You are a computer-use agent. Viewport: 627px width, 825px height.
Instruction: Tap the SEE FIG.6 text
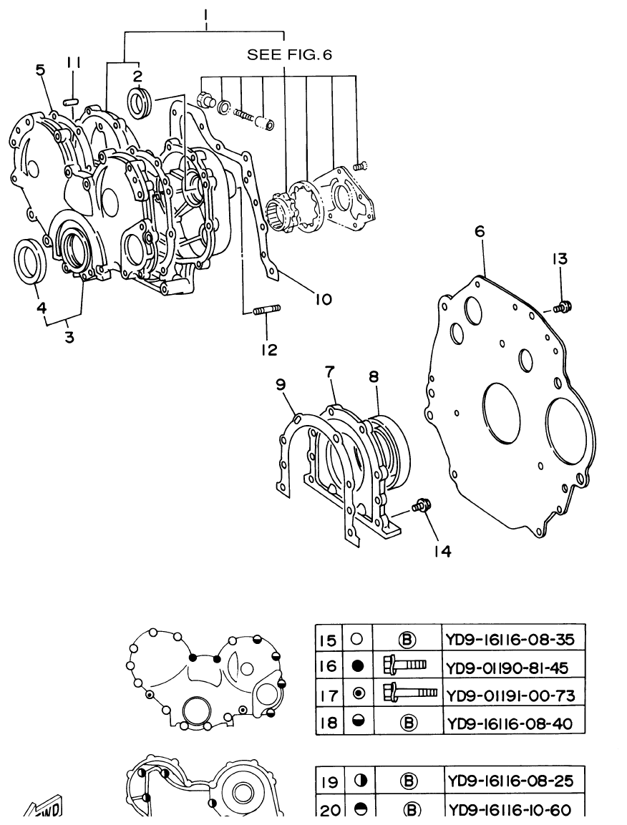[x=290, y=54]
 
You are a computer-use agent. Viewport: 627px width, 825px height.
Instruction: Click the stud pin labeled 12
[x=267, y=310]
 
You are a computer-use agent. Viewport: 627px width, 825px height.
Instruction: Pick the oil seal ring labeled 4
[x=32, y=261]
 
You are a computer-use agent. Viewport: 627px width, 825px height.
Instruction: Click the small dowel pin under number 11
[x=70, y=101]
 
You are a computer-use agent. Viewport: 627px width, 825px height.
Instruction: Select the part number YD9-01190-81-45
[x=506, y=668]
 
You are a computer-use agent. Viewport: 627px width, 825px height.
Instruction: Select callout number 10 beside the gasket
[x=322, y=299]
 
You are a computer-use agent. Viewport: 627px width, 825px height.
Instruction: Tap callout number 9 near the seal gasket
[x=281, y=385]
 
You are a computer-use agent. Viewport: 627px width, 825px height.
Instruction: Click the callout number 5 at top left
[x=40, y=69]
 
